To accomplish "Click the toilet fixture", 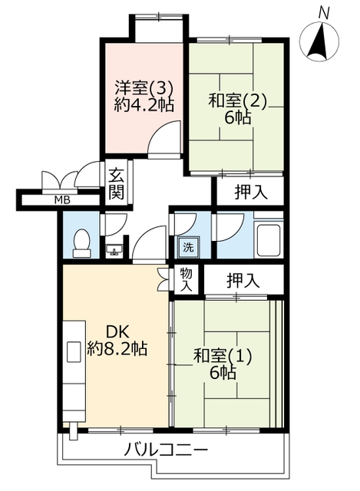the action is tap(82, 243).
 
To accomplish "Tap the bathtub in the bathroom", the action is tap(269, 240).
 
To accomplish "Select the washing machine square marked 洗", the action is tap(188, 247).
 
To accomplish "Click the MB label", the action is tap(62, 199).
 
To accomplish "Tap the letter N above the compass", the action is tap(324, 13).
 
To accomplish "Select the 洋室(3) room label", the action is tap(144, 87).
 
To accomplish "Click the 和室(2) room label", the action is tap(238, 101).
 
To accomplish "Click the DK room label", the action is tap(117, 332).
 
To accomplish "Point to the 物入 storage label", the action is tap(186, 279).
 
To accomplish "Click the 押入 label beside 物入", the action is tap(243, 280).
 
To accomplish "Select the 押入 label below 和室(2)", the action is tap(251, 192).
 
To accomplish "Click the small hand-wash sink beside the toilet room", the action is tap(114, 250).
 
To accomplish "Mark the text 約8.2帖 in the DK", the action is tap(117, 348).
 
